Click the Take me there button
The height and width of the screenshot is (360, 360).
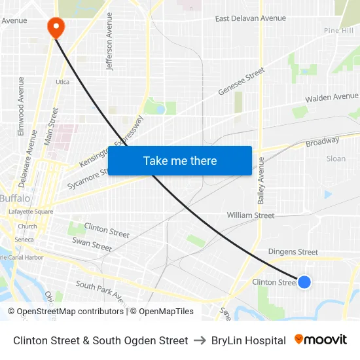click(180, 161)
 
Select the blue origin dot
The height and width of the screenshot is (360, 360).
click(304, 282)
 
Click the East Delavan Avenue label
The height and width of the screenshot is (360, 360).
click(251, 18)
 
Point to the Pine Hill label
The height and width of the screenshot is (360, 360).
click(338, 31)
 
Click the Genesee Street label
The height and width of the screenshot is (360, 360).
click(241, 81)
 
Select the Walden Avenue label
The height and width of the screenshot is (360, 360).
click(332, 98)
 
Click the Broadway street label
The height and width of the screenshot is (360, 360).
click(323, 141)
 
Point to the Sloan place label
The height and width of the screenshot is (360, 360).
click(336, 158)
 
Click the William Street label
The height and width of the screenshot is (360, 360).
click(251, 215)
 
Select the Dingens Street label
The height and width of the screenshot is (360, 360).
click(293, 252)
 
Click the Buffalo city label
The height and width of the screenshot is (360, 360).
click(14, 198)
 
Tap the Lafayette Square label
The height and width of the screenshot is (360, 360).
click(31, 212)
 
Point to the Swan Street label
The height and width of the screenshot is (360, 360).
click(92, 245)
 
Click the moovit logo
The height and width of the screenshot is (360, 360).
click(321, 340)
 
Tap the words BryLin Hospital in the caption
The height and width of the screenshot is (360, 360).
click(249, 340)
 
